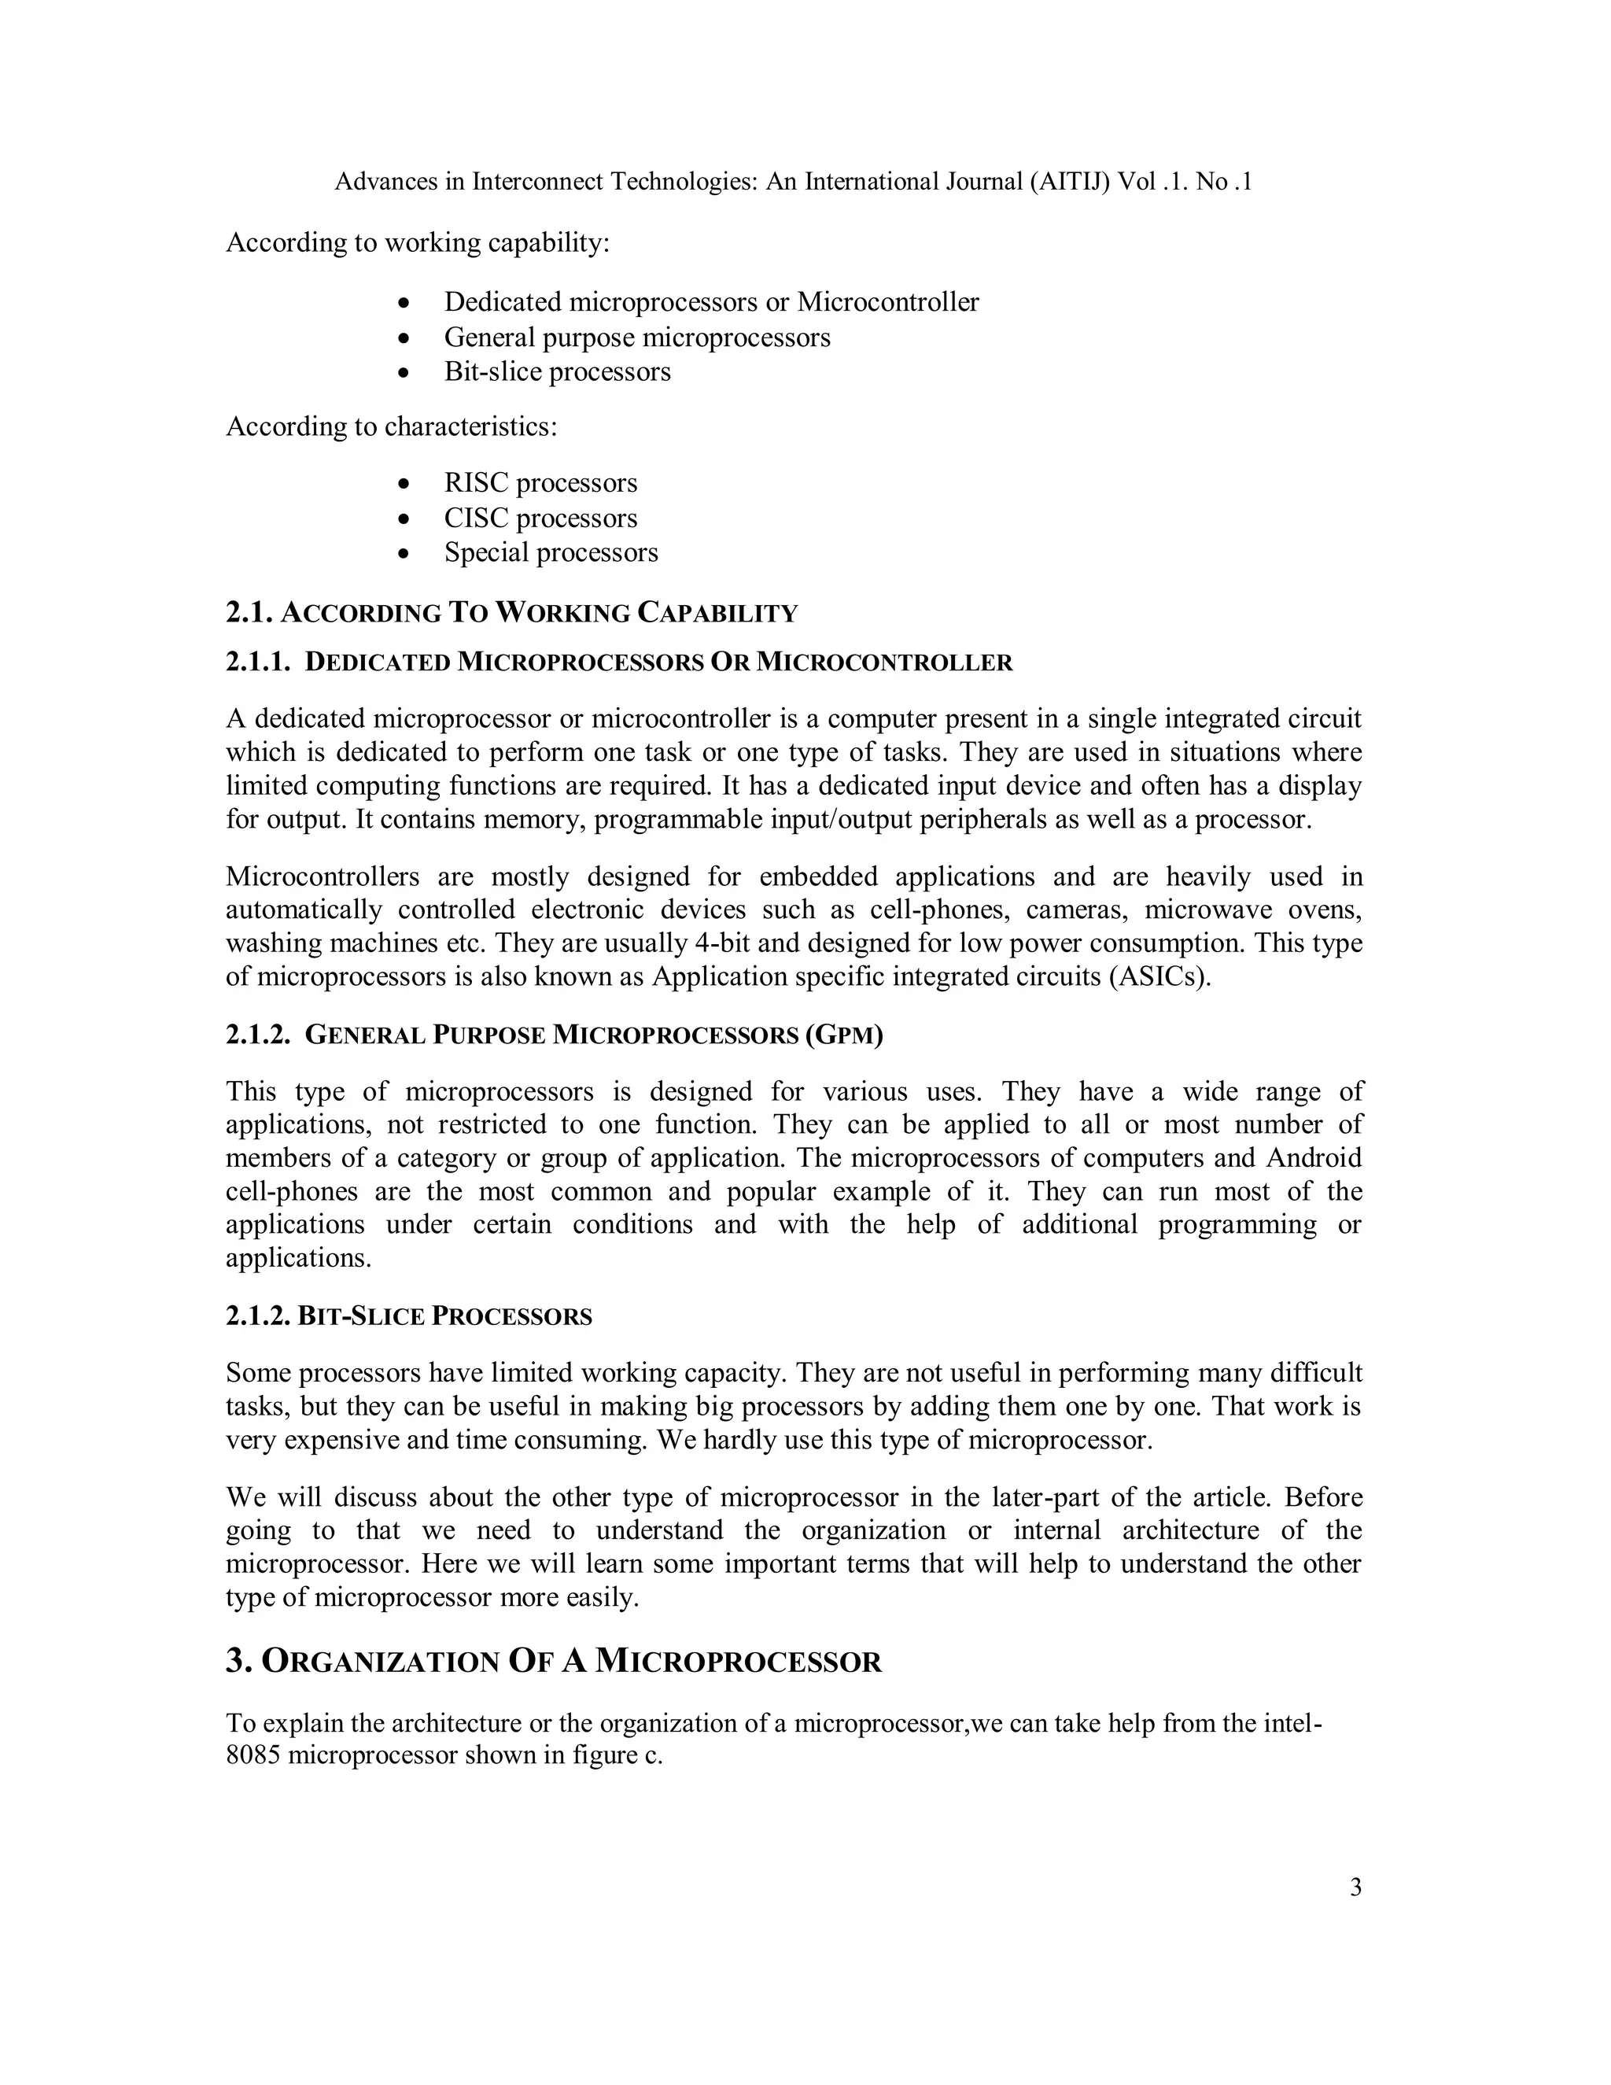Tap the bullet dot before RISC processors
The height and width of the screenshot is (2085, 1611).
pyautogui.click(x=406, y=485)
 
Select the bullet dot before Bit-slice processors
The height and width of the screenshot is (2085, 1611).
pyautogui.click(x=406, y=373)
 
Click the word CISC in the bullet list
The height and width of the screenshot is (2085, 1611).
pyautogui.click(x=474, y=518)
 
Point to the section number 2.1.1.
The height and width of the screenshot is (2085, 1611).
pyautogui.click(x=256, y=662)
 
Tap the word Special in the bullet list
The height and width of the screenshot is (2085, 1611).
pyautogui.click(x=486, y=553)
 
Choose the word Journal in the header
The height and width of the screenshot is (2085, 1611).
pyautogui.click(x=975, y=182)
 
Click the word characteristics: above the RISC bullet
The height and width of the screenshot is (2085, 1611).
pyautogui.click(x=470, y=426)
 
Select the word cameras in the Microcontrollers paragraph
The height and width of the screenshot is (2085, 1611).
pyautogui.click(x=1075, y=910)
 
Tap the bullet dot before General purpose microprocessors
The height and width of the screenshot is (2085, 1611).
pyautogui.click(x=406, y=339)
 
